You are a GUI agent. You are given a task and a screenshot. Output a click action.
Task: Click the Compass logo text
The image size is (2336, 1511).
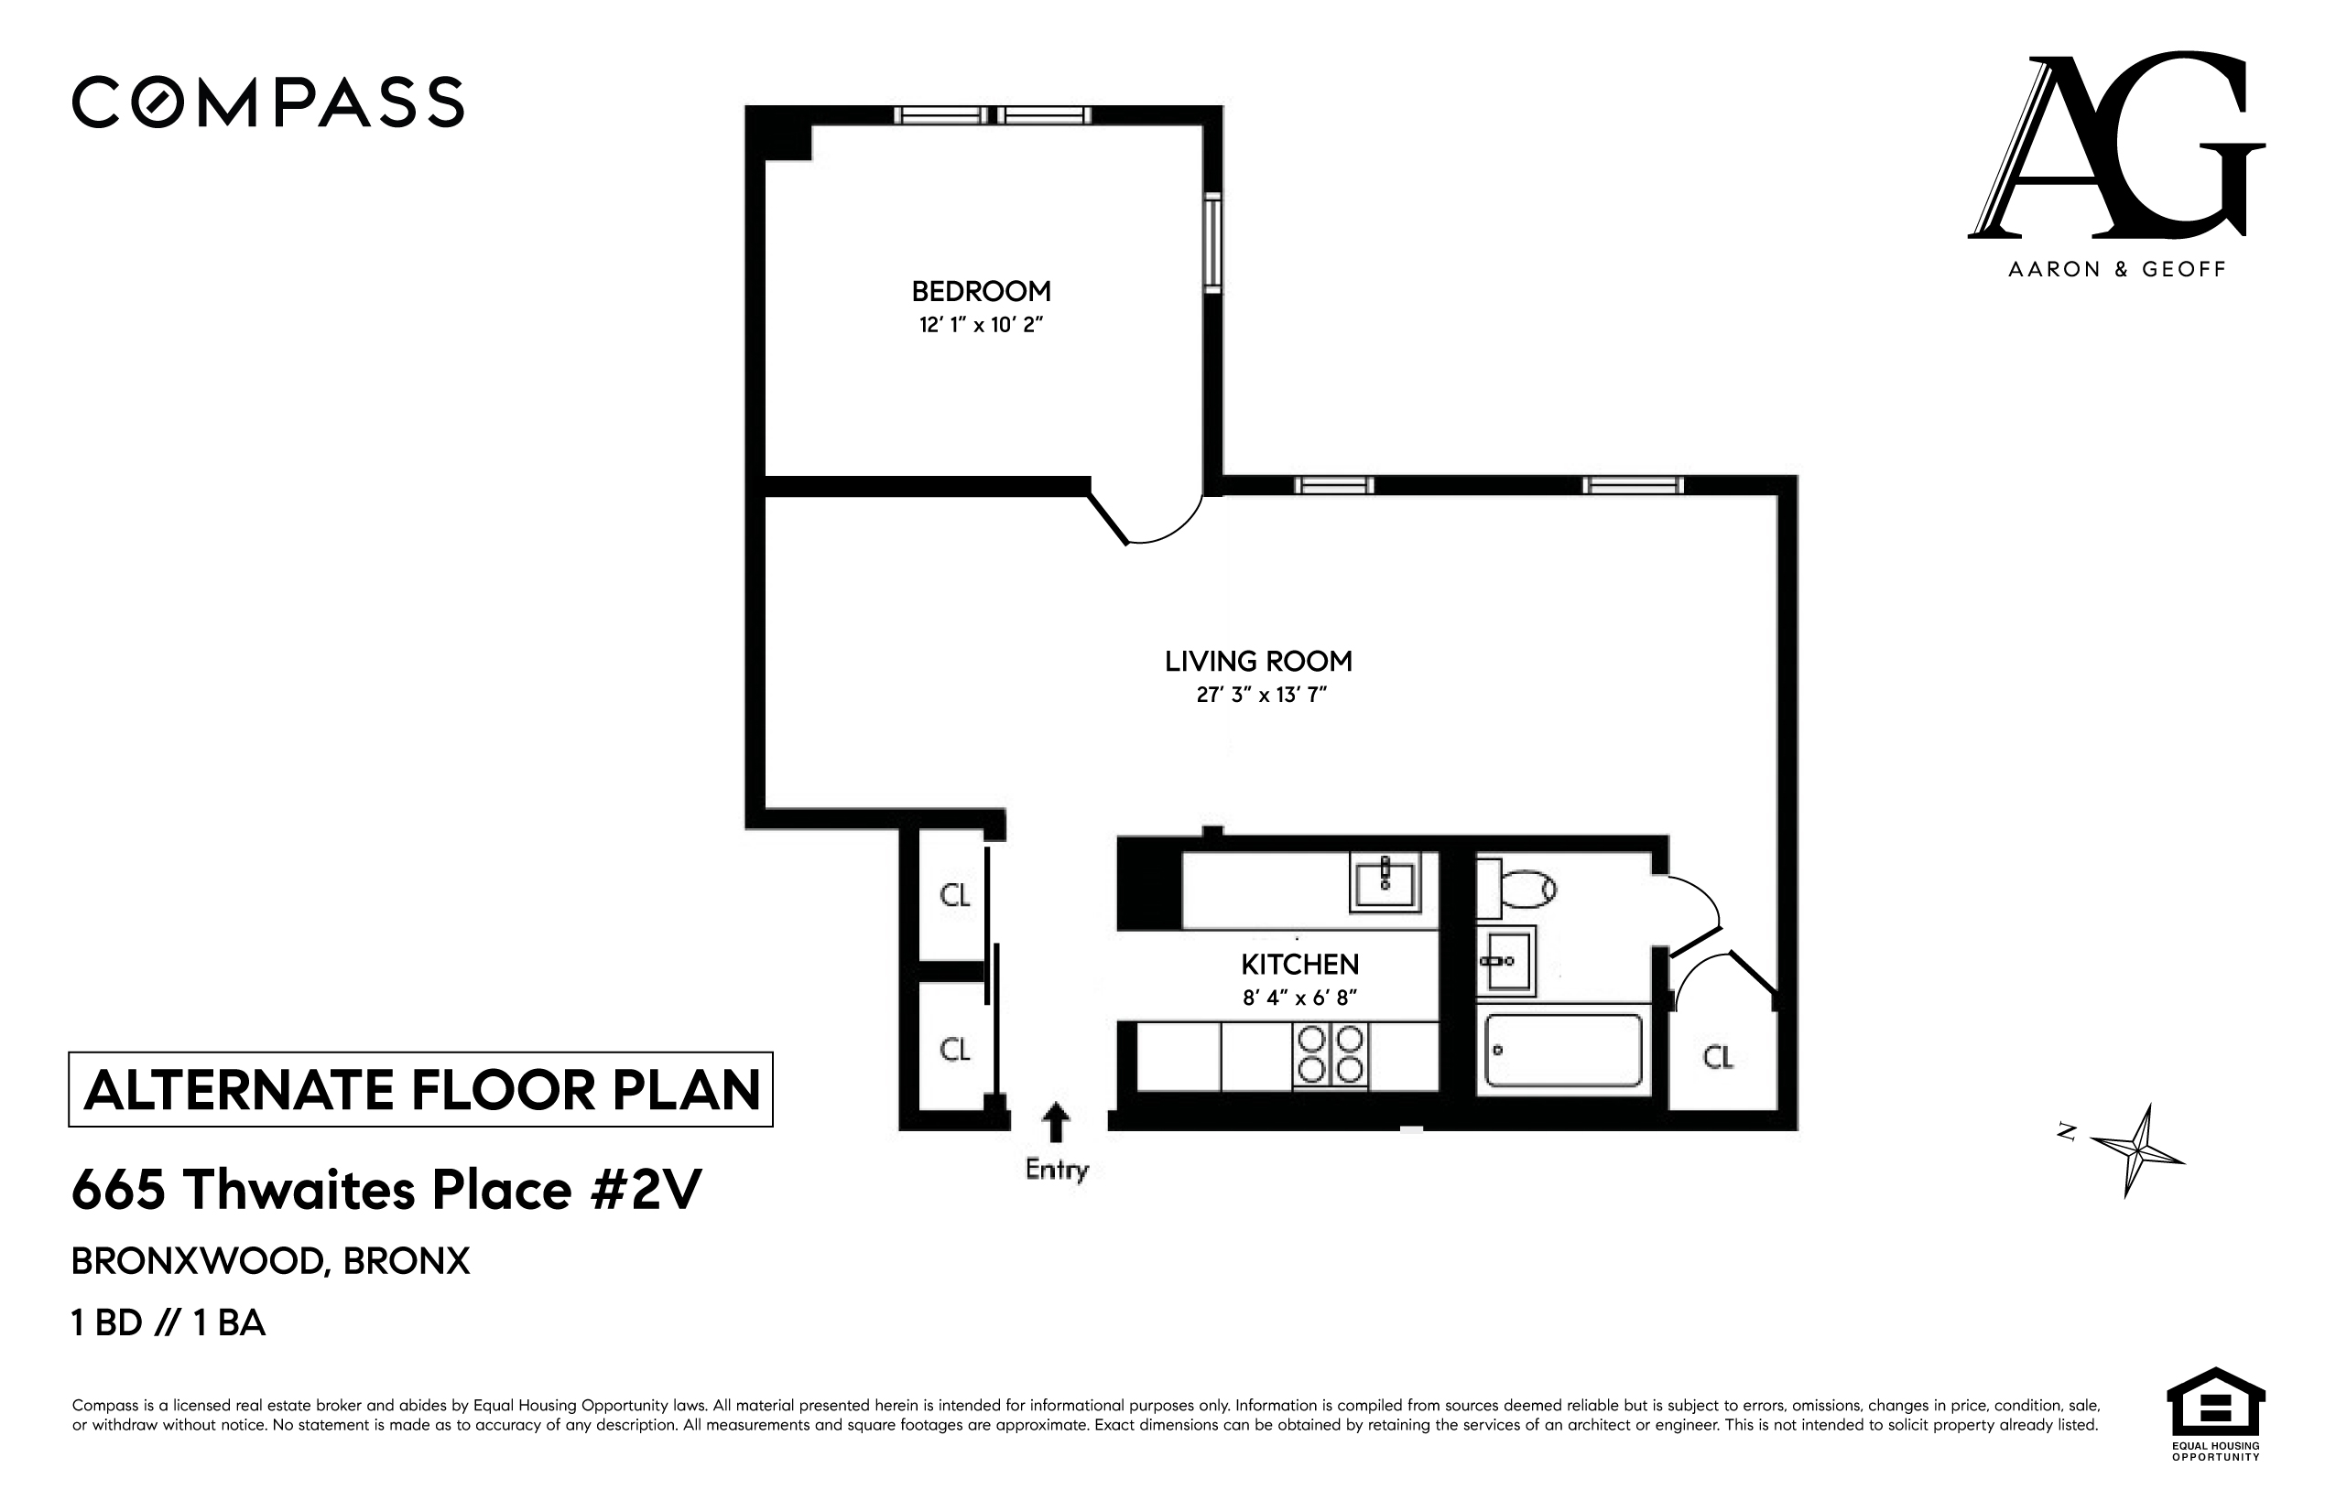pos(267,102)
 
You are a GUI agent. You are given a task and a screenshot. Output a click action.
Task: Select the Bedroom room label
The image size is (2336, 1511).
pos(981,291)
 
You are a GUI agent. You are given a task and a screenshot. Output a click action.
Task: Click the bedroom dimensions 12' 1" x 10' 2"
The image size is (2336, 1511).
pos(981,325)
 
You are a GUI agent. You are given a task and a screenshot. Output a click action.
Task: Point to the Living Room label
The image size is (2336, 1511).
pos(1258,662)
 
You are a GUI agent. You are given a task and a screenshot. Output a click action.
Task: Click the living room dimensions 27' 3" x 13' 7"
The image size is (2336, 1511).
pos(1261,695)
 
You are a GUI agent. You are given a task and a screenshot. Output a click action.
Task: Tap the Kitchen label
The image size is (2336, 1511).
pos(1299,965)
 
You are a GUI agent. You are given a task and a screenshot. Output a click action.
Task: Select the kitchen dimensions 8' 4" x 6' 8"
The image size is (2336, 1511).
pos(1299,998)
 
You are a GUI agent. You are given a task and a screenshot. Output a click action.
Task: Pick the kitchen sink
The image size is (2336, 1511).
pos(1385,881)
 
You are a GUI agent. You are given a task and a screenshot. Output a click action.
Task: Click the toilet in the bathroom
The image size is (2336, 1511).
pos(1519,889)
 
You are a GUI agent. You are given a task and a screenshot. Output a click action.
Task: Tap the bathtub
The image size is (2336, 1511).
pos(1562,1050)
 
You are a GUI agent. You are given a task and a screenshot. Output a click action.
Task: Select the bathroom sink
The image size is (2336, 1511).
pos(1505,962)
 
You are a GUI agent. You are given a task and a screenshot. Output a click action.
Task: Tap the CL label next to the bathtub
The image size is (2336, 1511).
pos(1718,1057)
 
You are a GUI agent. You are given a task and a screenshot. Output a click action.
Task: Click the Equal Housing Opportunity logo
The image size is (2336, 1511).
pos(2214,1415)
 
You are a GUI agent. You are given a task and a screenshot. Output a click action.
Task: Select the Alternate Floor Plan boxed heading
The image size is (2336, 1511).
pos(421,1089)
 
